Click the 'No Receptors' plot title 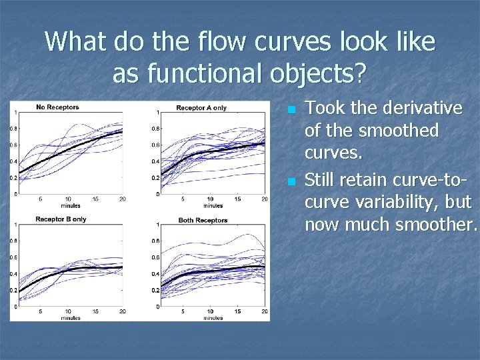pos(57,107)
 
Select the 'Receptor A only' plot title pos(201,108)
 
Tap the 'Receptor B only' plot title pos(61,219)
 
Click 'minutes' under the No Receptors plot pos(71,205)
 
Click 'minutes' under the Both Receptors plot pos(210,318)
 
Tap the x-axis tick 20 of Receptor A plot pos(265,199)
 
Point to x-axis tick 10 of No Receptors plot pos(68,199)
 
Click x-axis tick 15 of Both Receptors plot pos(237,311)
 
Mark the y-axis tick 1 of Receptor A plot pos(157,112)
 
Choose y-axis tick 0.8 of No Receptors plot pos(13,129)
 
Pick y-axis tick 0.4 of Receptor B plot pos(13,274)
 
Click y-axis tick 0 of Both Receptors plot pos(157,307)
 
